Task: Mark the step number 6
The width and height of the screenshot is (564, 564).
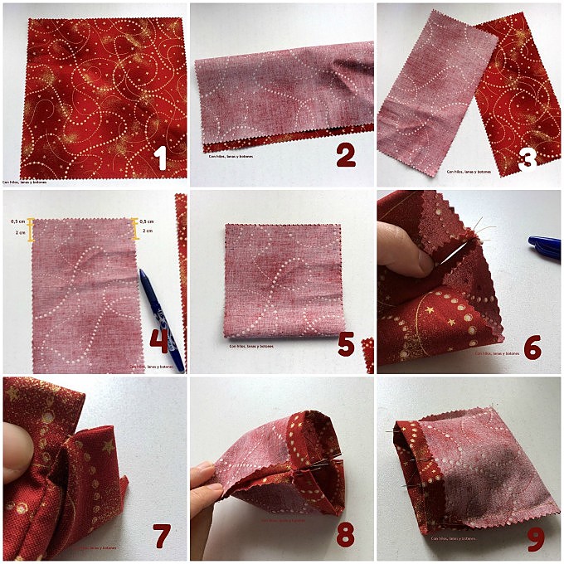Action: tap(532, 347)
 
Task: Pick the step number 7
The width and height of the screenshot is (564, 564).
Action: tap(163, 537)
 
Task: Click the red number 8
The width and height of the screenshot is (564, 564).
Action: tap(346, 535)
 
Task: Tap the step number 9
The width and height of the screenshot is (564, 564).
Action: tap(536, 537)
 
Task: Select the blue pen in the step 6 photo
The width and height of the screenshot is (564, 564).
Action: tap(545, 245)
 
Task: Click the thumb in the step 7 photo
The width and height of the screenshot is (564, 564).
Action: tap(16, 451)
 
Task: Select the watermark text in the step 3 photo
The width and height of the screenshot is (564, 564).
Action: tap(469, 172)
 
